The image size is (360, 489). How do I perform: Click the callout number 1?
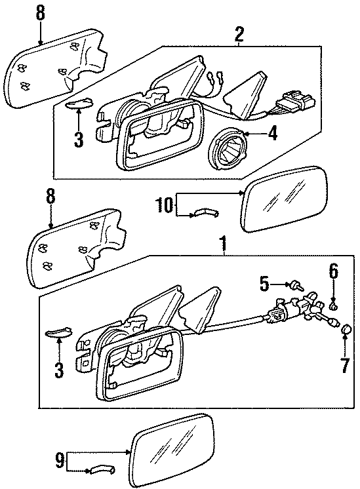click(x=223, y=244)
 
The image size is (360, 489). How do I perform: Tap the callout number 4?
click(x=272, y=134)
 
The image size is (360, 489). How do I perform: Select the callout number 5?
click(x=264, y=283)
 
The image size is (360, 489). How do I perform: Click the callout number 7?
click(x=345, y=365)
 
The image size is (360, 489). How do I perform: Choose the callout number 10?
click(x=165, y=205)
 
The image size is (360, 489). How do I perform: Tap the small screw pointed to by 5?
click(x=297, y=285)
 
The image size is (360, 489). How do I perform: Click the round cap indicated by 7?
click(x=346, y=329)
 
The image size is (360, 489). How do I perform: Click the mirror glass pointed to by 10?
click(x=285, y=199)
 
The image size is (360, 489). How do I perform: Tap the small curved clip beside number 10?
click(x=206, y=213)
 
